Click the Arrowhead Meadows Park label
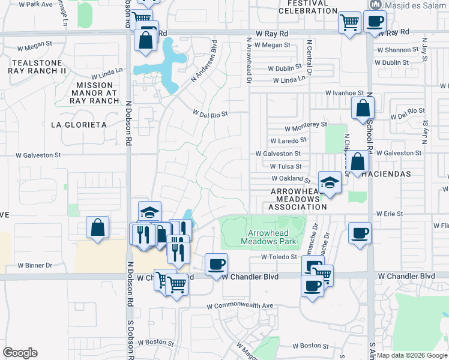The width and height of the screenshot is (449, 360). click(269, 237)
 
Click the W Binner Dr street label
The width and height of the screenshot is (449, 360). click(35, 265)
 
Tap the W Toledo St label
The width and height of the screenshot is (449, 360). click(279, 257)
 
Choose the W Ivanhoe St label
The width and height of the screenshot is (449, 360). click(345, 93)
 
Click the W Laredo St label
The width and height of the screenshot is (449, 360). click(288, 140)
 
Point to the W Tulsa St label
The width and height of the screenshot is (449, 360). click(286, 166)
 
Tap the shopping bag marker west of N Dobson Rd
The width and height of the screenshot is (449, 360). click(98, 228)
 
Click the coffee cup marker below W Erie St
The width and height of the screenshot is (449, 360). click(360, 233)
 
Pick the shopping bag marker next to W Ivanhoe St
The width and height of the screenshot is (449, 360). click(363, 109)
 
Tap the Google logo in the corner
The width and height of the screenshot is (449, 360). click(20, 352)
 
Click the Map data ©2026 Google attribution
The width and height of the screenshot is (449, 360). click(412, 355)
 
